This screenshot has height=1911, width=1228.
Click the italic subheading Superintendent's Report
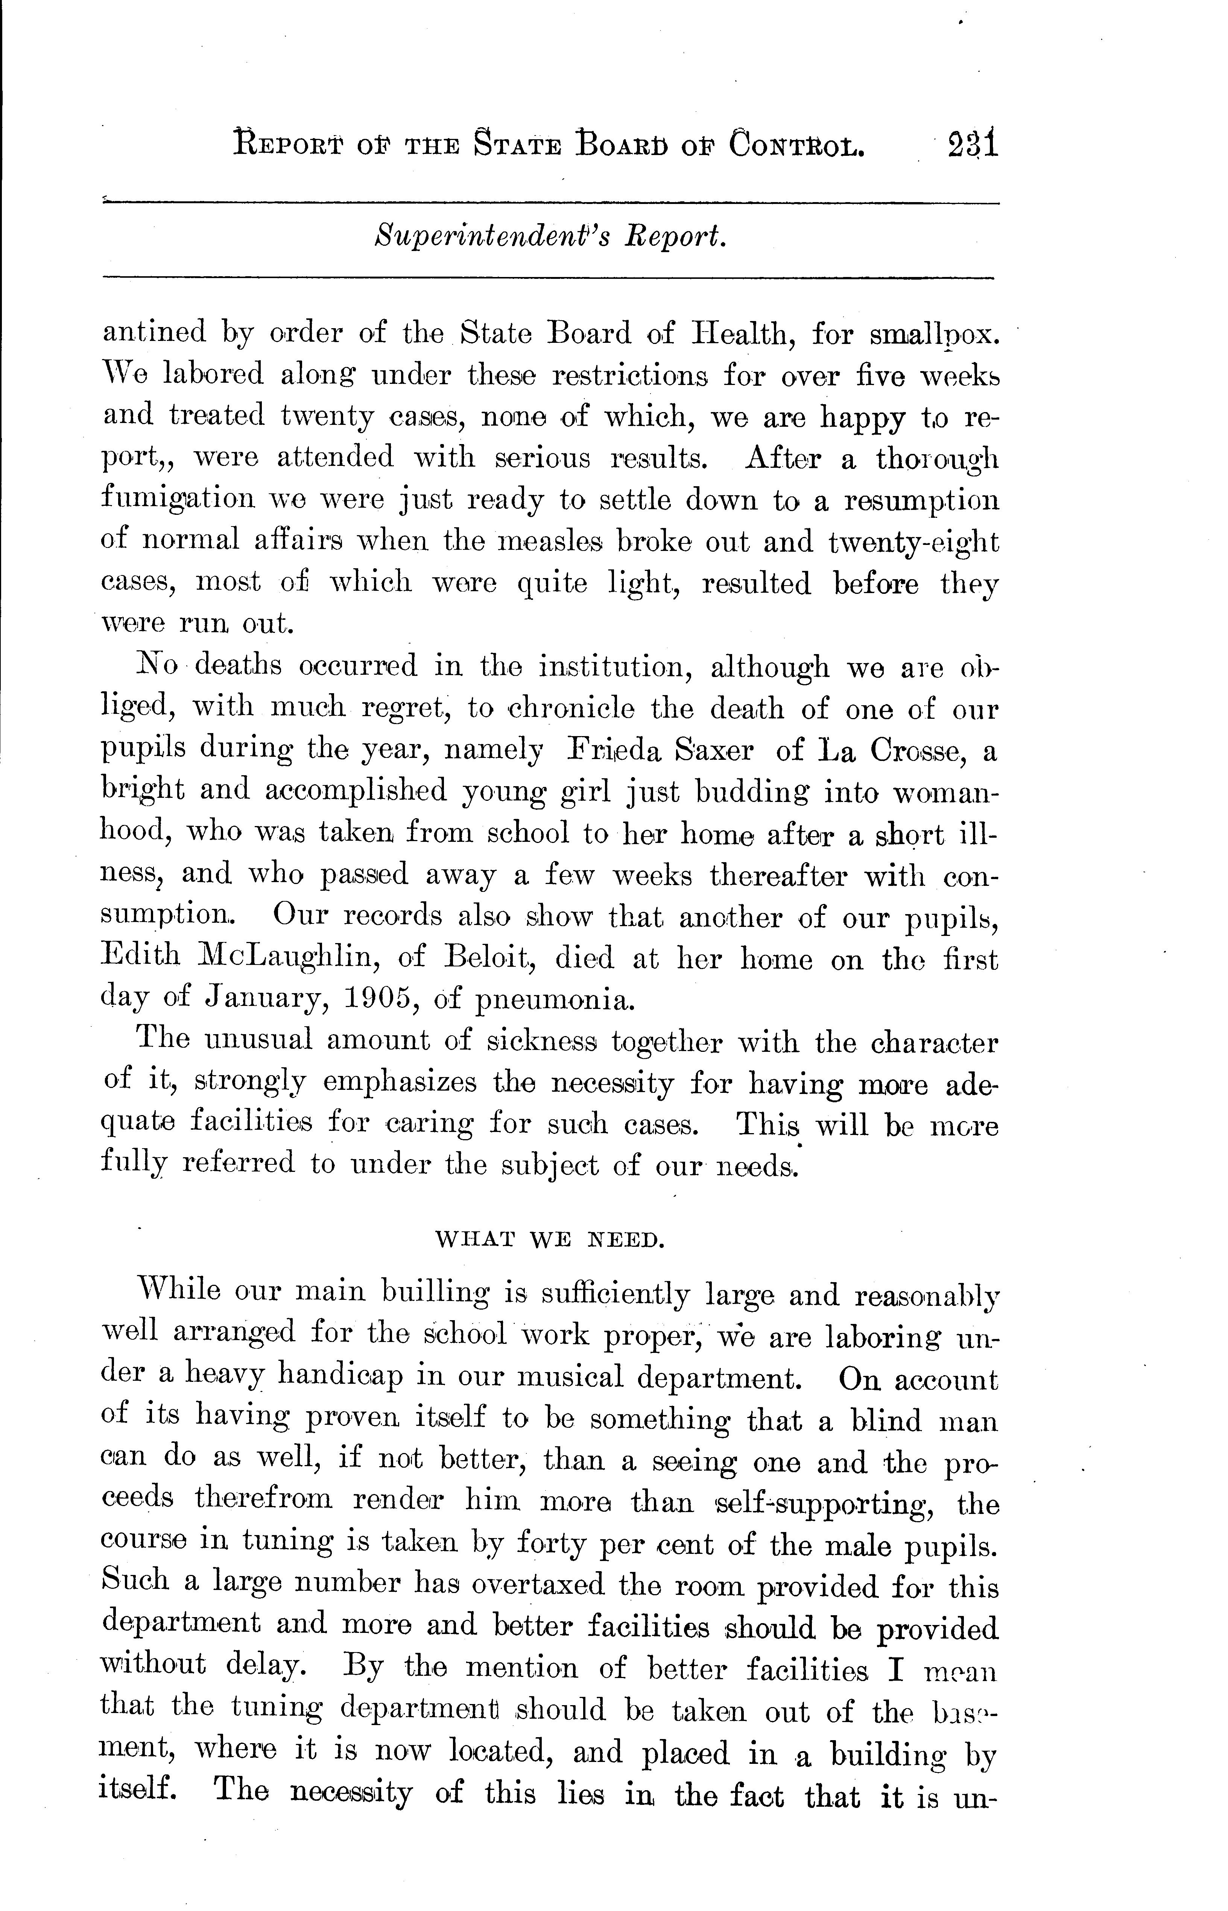[550, 237]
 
